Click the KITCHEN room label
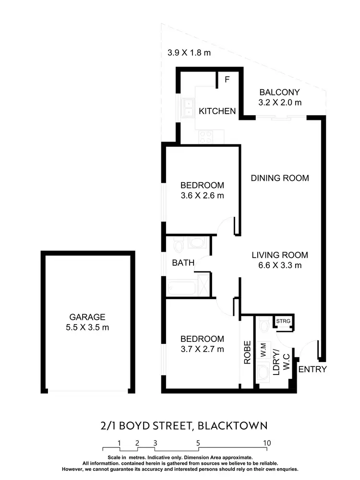(x=217, y=111)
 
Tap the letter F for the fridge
(x=227, y=80)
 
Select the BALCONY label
(x=279, y=92)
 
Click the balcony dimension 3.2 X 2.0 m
(x=280, y=102)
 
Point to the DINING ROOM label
(x=280, y=178)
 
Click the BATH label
(x=183, y=263)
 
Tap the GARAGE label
(x=87, y=317)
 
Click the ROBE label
(x=247, y=352)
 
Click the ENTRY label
(x=312, y=369)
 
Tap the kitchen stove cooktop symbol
(x=206, y=137)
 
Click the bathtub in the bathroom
(x=182, y=288)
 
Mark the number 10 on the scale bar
(x=267, y=443)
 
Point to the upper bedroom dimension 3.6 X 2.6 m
(x=202, y=196)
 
